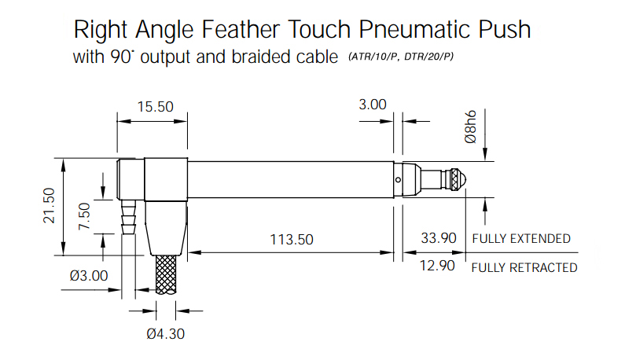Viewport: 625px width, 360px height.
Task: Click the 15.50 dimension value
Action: click(x=156, y=107)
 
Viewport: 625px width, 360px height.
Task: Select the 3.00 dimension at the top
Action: click(x=373, y=105)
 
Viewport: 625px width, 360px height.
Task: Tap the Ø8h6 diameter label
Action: click(x=470, y=127)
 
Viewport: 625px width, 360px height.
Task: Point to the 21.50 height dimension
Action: click(x=49, y=205)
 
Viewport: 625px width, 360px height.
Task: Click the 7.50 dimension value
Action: click(x=84, y=216)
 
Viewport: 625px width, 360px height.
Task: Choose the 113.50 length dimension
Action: click(x=292, y=240)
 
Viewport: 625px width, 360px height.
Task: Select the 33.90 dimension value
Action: click(x=439, y=238)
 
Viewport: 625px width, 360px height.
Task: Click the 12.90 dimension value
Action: click(x=437, y=266)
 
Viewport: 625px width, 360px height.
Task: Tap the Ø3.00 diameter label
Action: click(x=89, y=275)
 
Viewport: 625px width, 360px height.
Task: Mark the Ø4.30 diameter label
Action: click(x=165, y=334)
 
